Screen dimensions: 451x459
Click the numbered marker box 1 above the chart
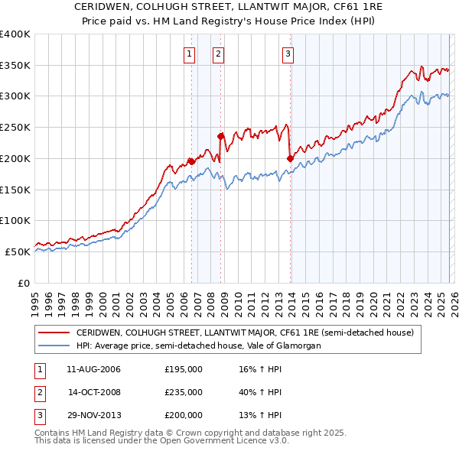coord(189,54)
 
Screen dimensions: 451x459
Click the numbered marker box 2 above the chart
coord(219,54)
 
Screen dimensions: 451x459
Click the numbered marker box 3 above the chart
coord(288,54)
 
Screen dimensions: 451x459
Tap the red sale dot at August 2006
coord(191,161)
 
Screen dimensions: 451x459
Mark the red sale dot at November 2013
coord(290,158)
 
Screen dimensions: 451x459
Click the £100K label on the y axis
coord(15,220)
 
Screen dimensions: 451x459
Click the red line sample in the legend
coord(54,333)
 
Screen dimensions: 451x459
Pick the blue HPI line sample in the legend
coord(54,346)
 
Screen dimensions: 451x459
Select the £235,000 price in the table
coord(184,392)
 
